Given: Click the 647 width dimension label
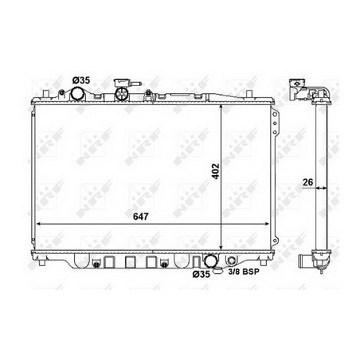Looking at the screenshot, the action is tap(140, 217).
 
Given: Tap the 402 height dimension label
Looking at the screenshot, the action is tap(217, 171).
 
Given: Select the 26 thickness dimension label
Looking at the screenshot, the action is tap(308, 182).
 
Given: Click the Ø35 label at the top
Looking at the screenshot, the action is tap(81, 80).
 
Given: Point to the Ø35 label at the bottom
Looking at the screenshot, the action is tap(202, 274).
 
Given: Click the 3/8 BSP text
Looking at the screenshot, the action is tap(244, 272).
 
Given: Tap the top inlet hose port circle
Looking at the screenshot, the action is tap(77, 94).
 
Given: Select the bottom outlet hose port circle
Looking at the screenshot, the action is tap(210, 260).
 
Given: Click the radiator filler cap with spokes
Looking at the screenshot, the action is tap(122, 94).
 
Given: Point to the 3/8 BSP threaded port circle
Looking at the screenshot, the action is tap(231, 260).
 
